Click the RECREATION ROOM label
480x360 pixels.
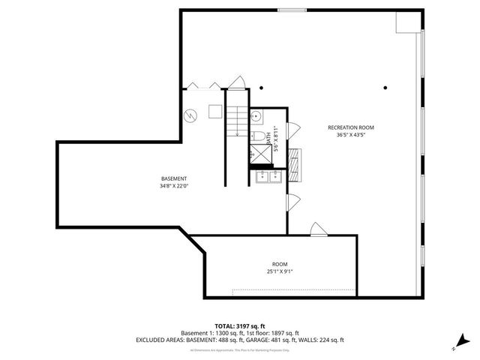click(350, 127)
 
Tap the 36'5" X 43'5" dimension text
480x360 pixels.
click(350, 135)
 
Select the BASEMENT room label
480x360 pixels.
click(174, 178)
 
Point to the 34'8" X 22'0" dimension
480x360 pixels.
click(174, 186)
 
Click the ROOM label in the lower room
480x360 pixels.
click(280, 265)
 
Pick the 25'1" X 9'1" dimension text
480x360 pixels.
click(280, 272)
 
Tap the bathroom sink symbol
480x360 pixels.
click(256, 115)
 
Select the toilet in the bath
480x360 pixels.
click(255, 136)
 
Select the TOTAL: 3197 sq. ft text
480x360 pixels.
click(239, 325)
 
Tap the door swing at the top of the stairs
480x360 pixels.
click(238, 82)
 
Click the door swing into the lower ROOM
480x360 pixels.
click(318, 228)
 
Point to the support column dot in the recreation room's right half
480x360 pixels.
click(385, 87)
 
